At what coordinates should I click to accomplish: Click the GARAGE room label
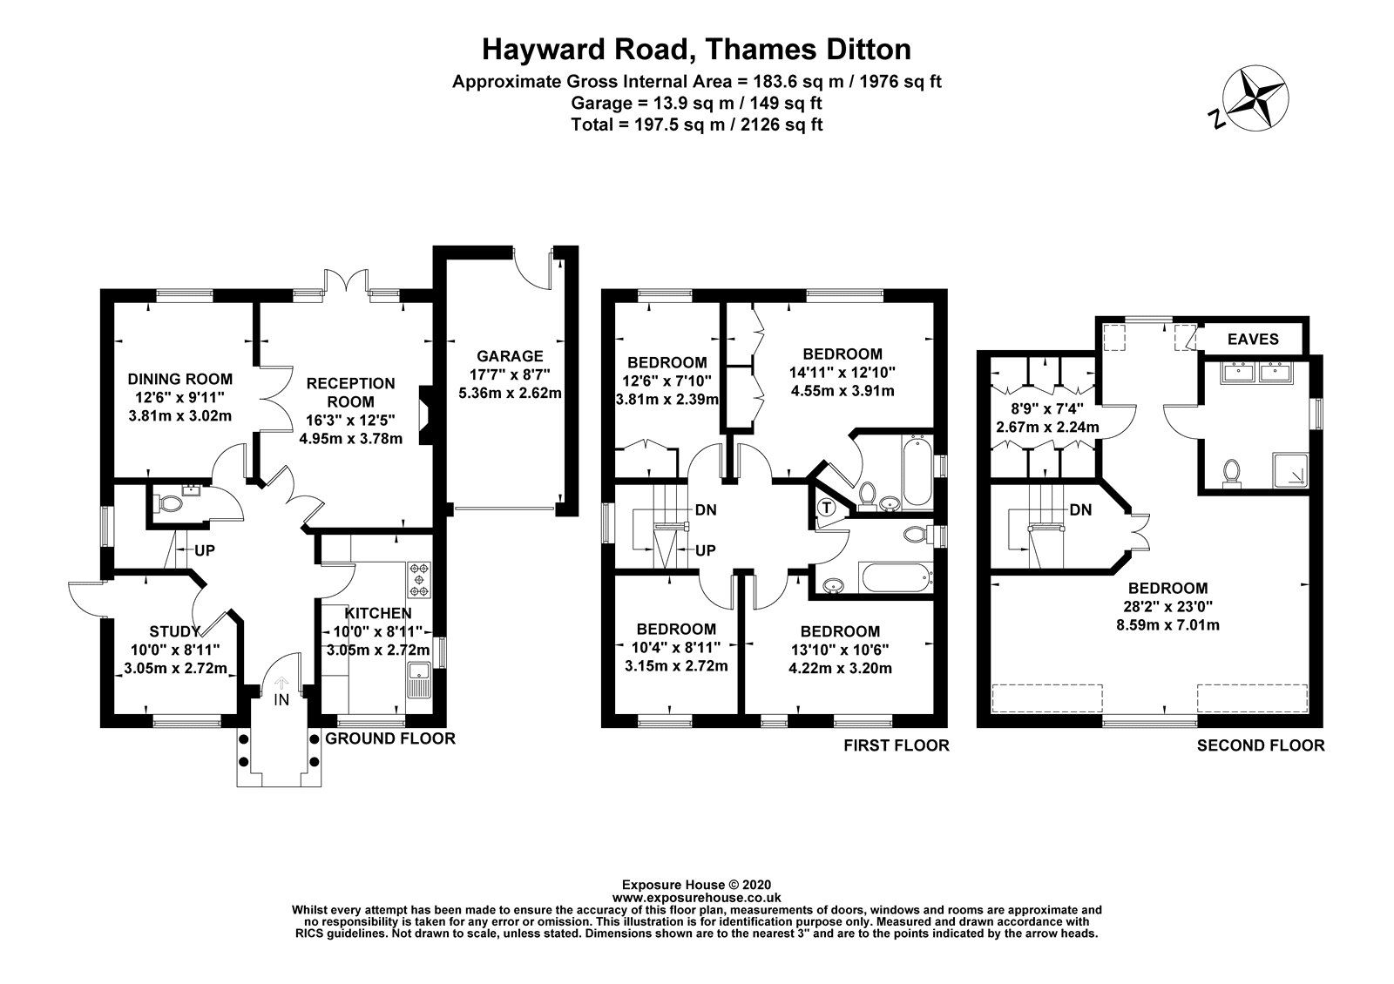(510, 356)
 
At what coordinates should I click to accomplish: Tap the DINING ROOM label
(180, 379)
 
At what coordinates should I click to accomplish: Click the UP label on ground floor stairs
(205, 551)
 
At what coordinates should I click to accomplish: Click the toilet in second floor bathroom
(1231, 471)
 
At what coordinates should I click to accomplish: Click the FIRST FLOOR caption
(896, 745)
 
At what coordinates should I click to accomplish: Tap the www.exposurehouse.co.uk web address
(696, 897)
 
